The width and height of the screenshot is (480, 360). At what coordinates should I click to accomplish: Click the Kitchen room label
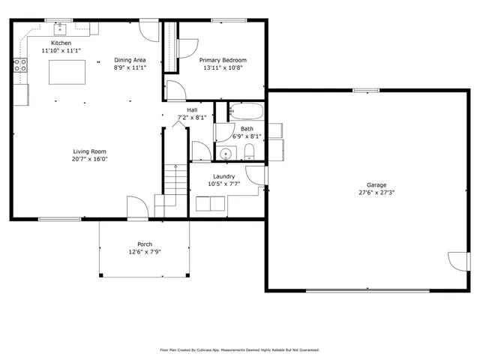pyautogui.click(x=61, y=43)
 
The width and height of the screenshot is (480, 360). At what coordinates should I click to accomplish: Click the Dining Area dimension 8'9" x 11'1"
pyautogui.click(x=130, y=67)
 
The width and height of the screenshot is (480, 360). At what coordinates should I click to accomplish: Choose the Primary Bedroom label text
pyautogui.click(x=222, y=60)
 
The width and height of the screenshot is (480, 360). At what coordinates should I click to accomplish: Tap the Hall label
pyautogui.click(x=192, y=109)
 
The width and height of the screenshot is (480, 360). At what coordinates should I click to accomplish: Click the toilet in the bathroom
pyautogui.click(x=250, y=153)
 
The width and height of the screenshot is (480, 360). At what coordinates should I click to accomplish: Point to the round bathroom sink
pyautogui.click(x=225, y=154)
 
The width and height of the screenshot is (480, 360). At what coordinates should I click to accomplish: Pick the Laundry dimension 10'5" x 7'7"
pyautogui.click(x=224, y=184)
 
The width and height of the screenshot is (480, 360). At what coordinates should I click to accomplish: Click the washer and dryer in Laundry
pyautogui.click(x=209, y=203)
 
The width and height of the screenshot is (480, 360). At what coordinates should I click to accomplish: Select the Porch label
pyautogui.click(x=144, y=244)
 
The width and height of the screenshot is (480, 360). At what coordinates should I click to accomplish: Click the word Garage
pyautogui.click(x=376, y=184)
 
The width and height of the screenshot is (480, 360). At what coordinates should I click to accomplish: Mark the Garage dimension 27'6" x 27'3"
pyautogui.click(x=376, y=193)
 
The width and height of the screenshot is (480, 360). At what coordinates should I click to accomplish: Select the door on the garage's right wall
pyautogui.click(x=454, y=262)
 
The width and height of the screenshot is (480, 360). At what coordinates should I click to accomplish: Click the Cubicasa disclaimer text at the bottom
pyautogui.click(x=240, y=349)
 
